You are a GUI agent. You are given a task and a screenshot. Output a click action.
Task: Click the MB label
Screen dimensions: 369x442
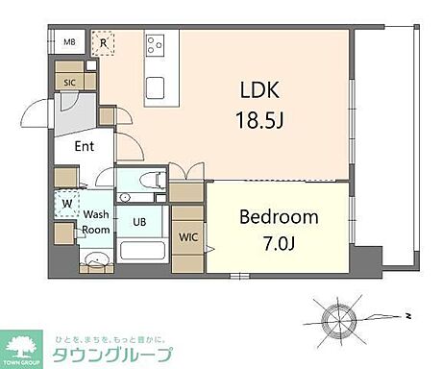tap(69, 42)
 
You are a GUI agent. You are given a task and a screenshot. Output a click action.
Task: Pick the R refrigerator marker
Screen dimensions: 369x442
tap(103, 42)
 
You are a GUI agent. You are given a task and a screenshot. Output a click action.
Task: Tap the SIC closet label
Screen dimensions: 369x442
tap(69, 84)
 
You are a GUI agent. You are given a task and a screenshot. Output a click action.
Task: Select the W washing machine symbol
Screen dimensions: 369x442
tap(67, 204)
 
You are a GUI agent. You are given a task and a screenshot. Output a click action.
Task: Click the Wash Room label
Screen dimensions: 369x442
tap(95, 222)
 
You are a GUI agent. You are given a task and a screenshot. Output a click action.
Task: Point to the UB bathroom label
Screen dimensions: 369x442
tap(140, 221)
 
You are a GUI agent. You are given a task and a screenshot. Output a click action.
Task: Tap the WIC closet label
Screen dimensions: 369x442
tap(187, 236)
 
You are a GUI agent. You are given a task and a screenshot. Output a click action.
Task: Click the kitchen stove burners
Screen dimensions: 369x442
tap(157, 44)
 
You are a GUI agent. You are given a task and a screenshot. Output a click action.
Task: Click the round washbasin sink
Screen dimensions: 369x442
tap(94, 259)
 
